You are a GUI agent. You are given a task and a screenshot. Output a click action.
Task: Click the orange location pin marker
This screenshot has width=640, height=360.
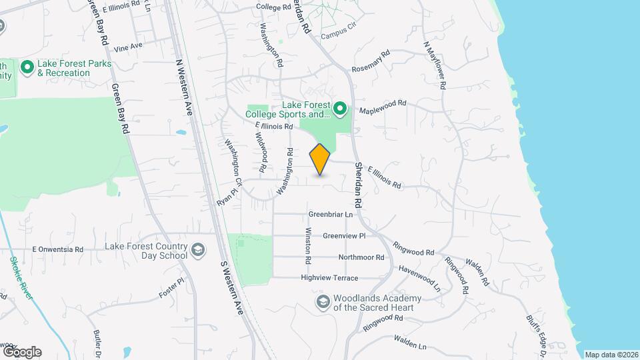click(320, 159)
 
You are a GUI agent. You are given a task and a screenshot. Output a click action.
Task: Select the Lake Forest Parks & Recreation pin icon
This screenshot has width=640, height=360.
click(27, 67)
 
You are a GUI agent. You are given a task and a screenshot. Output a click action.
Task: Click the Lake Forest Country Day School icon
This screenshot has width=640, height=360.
click(197, 250)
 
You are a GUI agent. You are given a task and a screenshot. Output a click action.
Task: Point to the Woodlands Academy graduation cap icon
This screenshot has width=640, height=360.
click(323, 302)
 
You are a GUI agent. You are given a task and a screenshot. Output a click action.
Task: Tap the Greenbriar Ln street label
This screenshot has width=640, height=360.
click(330, 215)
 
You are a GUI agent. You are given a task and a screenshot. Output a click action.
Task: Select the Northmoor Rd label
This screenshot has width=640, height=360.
click(361, 257)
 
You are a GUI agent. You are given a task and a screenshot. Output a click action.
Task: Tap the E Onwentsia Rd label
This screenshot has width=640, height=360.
click(58, 249)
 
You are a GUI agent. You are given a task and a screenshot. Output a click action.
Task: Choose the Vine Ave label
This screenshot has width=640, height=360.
click(129, 47)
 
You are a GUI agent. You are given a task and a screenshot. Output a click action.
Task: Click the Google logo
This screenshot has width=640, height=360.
click(22, 351)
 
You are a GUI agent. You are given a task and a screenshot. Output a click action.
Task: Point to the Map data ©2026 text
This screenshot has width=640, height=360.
click(611, 355)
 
